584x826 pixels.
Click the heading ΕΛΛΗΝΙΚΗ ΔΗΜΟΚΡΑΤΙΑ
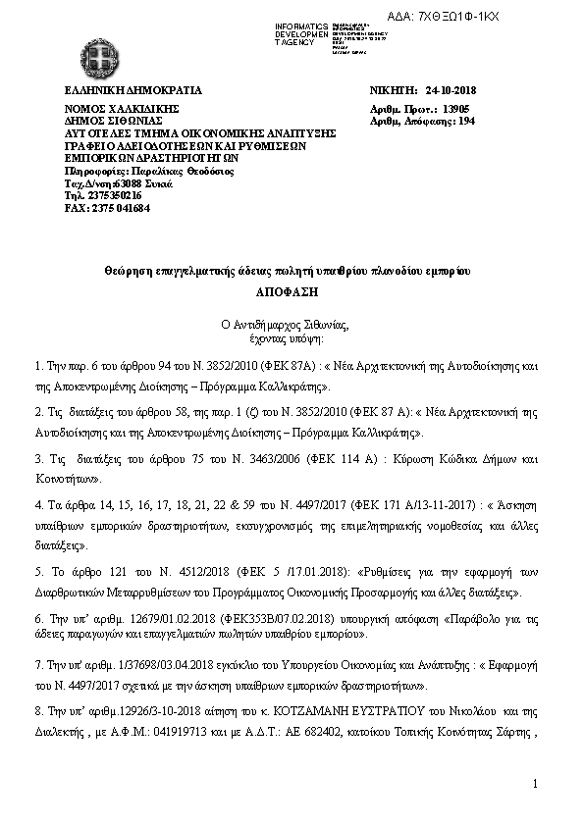(120, 90)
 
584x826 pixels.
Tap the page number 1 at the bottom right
(538, 782)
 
